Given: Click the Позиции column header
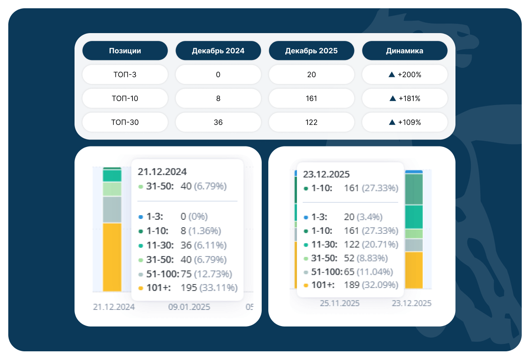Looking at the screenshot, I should point(125,51).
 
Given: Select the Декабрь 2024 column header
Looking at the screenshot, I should point(218,51).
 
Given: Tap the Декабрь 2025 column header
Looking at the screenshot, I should point(311,51).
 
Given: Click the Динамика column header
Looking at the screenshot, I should point(405,51).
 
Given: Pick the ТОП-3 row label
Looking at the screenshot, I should point(125,75).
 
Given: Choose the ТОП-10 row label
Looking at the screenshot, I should point(125,98).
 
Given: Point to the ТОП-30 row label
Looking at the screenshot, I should point(125,122).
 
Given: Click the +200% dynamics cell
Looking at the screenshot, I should point(405,75).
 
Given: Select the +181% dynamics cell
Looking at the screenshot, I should point(405,98).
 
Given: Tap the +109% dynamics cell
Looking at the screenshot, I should point(405,122).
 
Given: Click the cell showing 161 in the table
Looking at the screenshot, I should point(311,98).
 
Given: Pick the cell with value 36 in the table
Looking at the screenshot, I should point(218,122).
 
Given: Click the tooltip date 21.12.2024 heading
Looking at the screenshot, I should point(162,171).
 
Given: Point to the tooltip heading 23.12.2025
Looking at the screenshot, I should point(327,174).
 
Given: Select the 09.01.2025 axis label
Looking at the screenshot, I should point(189,307).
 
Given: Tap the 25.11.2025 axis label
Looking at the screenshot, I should point(340,303).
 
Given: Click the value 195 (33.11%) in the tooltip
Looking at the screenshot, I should point(209,288).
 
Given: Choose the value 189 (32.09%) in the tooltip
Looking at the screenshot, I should point(371,285).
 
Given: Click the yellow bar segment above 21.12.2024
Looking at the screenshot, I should point(112,257).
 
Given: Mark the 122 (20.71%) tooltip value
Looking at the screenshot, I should point(371,244).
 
